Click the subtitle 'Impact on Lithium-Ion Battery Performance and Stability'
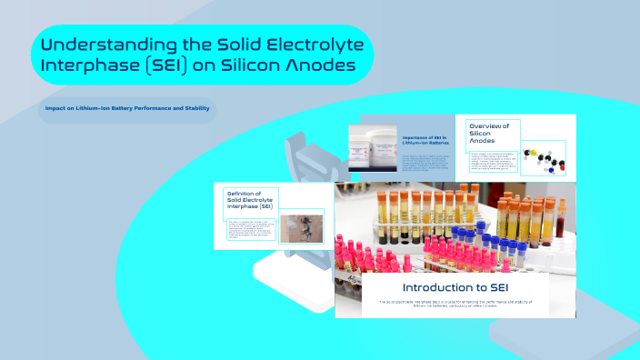point(127,109)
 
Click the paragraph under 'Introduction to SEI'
point(455,305)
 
